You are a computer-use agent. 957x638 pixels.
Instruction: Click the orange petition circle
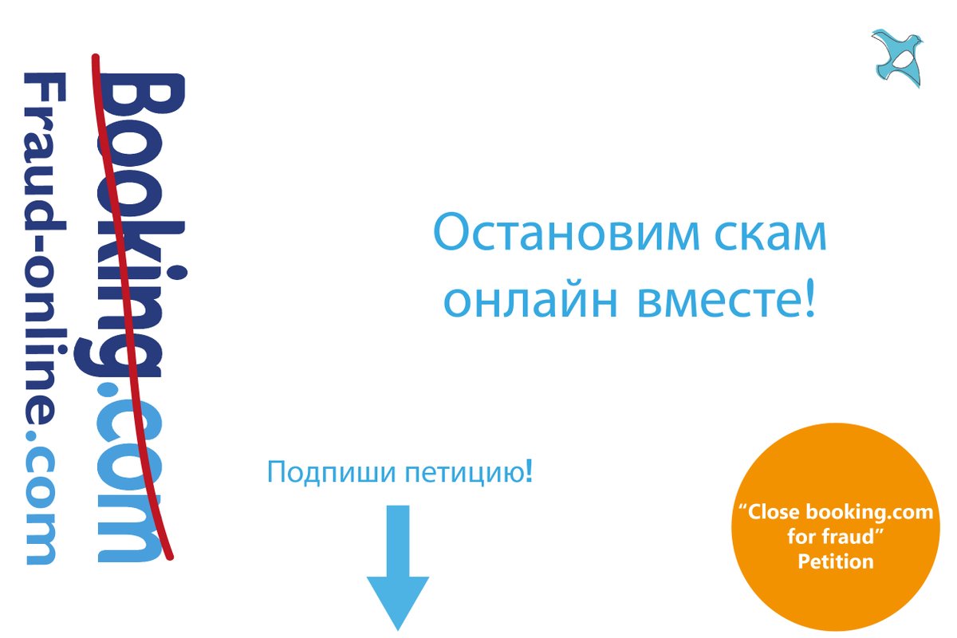(836, 536)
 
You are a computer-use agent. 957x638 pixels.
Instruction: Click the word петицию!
(470, 472)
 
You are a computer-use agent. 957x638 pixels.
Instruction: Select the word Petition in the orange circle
(836, 561)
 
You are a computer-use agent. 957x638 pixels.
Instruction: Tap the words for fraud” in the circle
(836, 537)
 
